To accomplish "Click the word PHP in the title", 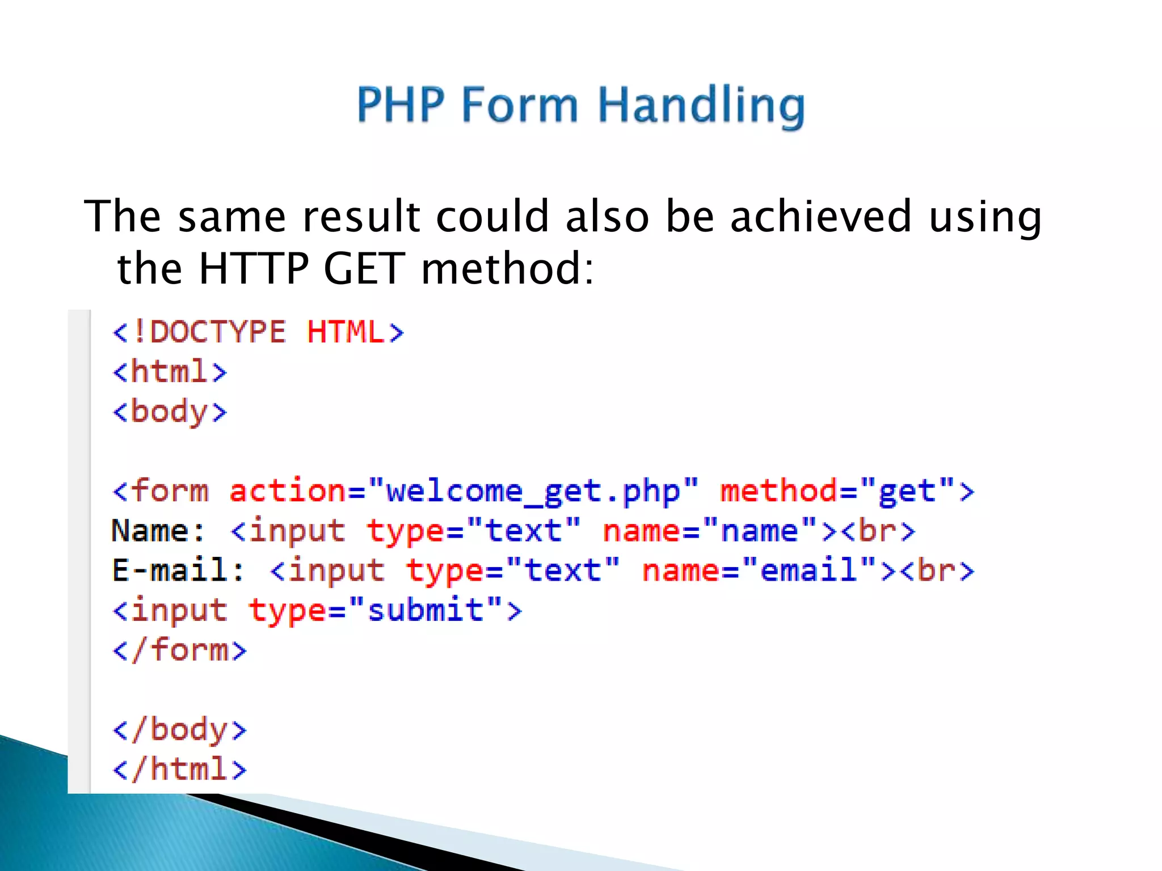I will coord(401,104).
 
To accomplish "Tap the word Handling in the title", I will coord(701,105).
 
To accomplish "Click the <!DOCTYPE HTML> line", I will coord(258,332).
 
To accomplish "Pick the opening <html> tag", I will coord(170,371).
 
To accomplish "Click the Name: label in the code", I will coord(158,531).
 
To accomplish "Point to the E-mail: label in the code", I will coord(178,570).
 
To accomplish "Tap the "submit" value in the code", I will coord(426,610).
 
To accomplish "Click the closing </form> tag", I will coord(179,650).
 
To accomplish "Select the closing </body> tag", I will coord(179,730).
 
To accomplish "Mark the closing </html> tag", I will coord(179,769).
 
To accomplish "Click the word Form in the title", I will coord(519,104).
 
